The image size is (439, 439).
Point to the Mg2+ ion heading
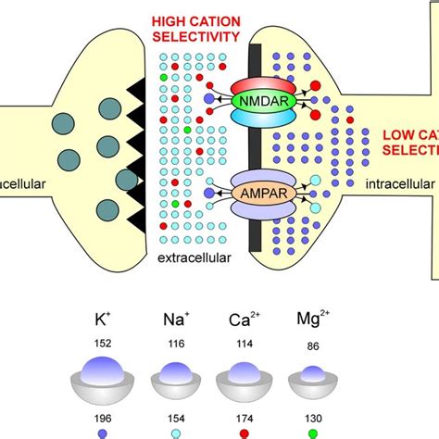click(307, 323)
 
